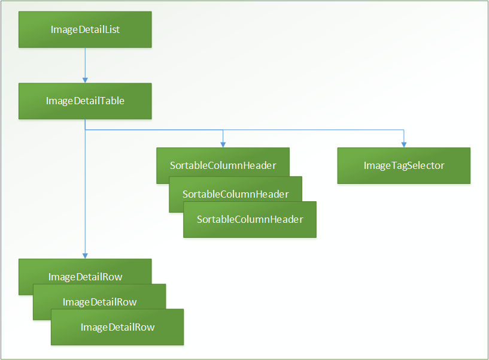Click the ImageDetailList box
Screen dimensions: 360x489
(85, 29)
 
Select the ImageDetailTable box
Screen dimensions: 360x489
(85, 101)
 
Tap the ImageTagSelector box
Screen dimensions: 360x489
(404, 165)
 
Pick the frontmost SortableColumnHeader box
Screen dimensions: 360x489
(250, 220)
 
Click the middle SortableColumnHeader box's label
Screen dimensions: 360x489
(235, 194)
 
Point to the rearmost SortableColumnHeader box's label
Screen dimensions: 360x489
(222, 165)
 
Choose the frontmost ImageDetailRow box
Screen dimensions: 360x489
(117, 327)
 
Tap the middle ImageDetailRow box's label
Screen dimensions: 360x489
(99, 302)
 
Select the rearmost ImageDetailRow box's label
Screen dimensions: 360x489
(85, 277)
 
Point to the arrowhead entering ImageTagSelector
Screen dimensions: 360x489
(403, 144)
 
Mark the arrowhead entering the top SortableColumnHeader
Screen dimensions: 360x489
(223, 144)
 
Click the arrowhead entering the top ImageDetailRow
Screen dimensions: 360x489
(85, 255)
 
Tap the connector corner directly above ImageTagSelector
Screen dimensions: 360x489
(403, 129)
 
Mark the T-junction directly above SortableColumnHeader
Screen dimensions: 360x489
(223, 129)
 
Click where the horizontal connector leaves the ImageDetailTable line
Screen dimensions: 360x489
(85, 129)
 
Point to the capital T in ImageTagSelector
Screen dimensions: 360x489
(392, 165)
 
